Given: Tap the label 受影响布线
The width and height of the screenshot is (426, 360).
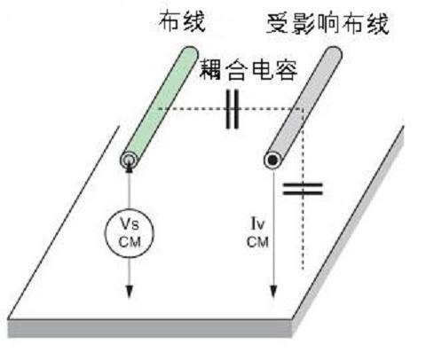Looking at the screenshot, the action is coord(327,24).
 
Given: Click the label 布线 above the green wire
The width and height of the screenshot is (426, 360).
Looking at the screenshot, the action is coord(182,21).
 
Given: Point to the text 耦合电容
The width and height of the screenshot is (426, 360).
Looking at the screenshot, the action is coord(248,70).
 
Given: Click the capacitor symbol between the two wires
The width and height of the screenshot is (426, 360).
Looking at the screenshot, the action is coord(233,109).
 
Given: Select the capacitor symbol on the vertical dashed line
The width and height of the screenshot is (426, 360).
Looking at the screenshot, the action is coord(303,189).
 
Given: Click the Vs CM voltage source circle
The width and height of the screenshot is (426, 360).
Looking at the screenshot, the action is coord(130,233).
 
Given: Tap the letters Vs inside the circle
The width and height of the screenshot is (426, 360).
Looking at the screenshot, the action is coord(130,223).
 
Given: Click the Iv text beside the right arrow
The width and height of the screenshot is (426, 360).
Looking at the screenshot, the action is coord(257,223).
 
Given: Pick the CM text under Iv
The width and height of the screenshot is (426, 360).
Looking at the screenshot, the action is coord(257,242).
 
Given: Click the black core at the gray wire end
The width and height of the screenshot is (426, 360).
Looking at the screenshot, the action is coord(272,160).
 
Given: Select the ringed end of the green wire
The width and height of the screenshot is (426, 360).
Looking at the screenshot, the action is coord(129,160).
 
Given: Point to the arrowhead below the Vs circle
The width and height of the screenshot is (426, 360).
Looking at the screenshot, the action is coord(129,292).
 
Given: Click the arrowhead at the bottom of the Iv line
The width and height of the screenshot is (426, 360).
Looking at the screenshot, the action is coord(273,292).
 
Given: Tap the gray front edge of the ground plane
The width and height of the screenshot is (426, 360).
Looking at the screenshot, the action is coord(150,329).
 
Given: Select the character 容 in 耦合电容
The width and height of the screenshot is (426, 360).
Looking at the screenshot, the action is coord(286,70).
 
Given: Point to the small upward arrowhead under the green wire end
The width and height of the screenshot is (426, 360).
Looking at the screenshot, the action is coord(130,168).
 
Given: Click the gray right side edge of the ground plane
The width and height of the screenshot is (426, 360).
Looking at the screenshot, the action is coord(349,231).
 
